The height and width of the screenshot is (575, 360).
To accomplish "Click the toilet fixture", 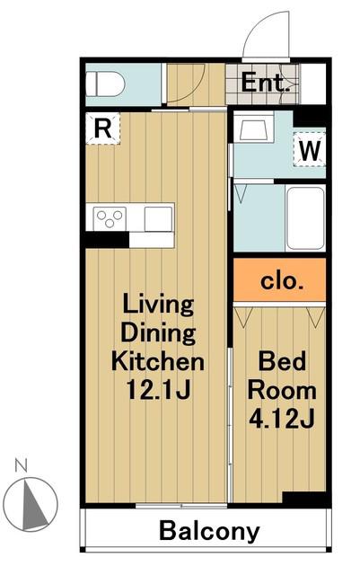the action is click(x=105, y=84).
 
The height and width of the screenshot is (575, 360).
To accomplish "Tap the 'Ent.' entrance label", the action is click(x=263, y=83).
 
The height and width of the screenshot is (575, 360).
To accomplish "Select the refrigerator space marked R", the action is click(x=102, y=128).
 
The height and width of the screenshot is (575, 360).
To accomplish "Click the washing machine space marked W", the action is click(x=310, y=149).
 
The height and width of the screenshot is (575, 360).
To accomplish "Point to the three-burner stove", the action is click(x=110, y=219).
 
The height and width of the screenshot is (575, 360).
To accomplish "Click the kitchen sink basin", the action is click(x=158, y=219).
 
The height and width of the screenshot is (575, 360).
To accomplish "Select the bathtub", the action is click(x=306, y=218).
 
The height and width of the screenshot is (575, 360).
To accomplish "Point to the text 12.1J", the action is click(x=158, y=390).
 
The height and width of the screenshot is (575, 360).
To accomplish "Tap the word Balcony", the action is click(x=209, y=531).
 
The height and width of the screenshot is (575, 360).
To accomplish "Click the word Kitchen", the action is click(x=158, y=361).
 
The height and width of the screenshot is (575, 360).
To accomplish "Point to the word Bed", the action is click(x=282, y=361).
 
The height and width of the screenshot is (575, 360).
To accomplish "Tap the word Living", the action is click(x=158, y=305).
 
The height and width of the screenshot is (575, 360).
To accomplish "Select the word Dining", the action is click(x=158, y=333).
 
